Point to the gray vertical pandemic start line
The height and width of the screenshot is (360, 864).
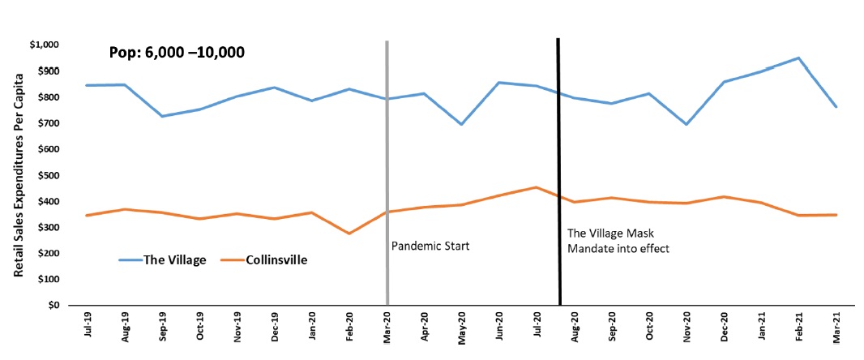pos(387,162)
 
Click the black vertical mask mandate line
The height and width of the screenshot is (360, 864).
pos(558,162)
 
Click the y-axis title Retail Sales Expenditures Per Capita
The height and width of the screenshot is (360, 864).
pos(18,174)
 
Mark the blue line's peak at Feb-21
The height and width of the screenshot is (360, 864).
pos(798,58)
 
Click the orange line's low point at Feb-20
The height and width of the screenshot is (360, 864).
pos(349,234)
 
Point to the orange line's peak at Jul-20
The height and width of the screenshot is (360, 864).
pos(536,187)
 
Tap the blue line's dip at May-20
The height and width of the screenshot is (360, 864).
pos(461,124)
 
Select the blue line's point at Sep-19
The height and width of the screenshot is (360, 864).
pos(161,116)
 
